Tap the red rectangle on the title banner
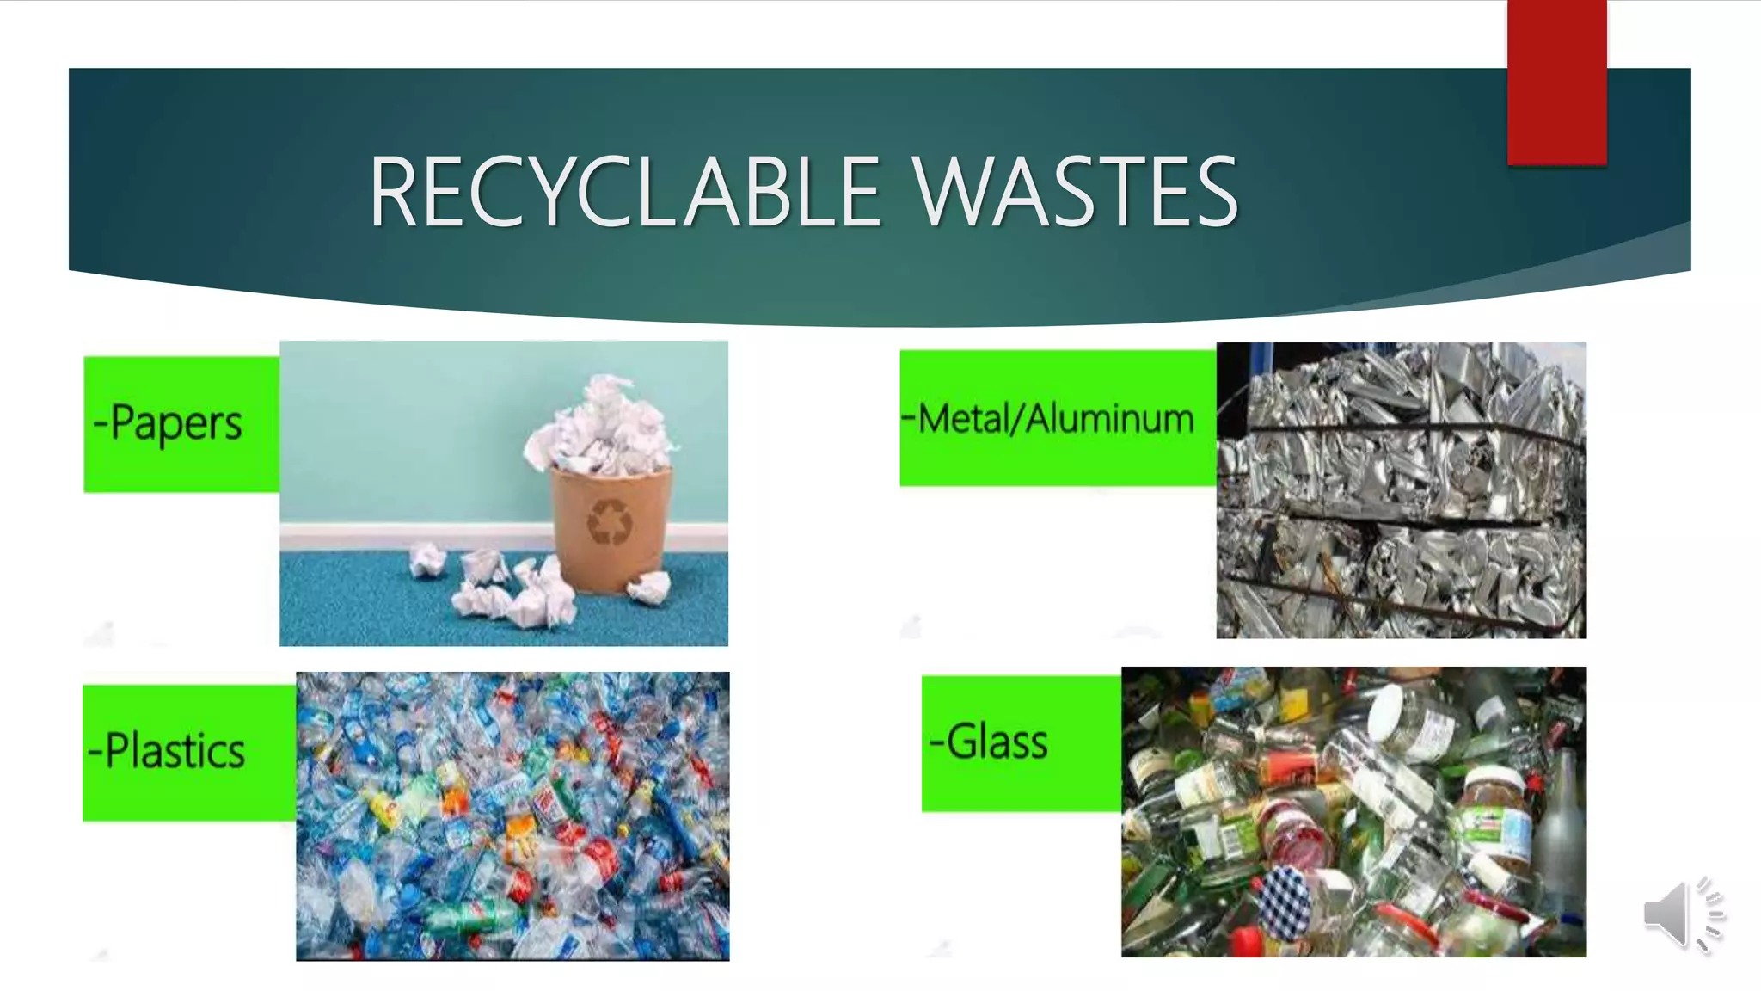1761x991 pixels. [x=1556, y=83]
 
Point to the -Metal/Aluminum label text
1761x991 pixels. [x=1048, y=419]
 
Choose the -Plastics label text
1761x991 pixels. [x=167, y=750]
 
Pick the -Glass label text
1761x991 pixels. [x=989, y=742]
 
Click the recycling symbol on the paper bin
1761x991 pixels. [x=610, y=521]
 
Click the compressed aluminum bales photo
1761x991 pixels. [x=1401, y=490]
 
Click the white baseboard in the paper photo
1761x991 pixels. [x=413, y=537]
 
